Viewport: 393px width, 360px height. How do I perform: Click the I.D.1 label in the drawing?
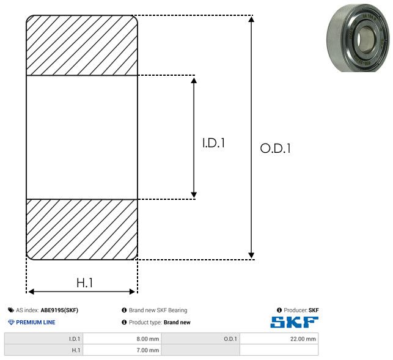213,143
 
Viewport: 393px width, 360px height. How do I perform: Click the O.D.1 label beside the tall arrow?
276,148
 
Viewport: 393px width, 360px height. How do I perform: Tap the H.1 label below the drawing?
85,283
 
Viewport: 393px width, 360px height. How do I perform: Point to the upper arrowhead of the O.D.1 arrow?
251,19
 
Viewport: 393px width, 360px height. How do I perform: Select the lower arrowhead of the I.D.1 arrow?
194,195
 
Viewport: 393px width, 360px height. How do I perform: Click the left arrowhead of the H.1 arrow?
31,292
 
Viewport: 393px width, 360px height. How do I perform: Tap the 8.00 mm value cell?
122,339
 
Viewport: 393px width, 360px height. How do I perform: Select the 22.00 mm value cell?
279,339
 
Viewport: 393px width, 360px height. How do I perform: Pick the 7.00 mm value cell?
122,350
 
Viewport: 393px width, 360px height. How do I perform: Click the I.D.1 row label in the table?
43,339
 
